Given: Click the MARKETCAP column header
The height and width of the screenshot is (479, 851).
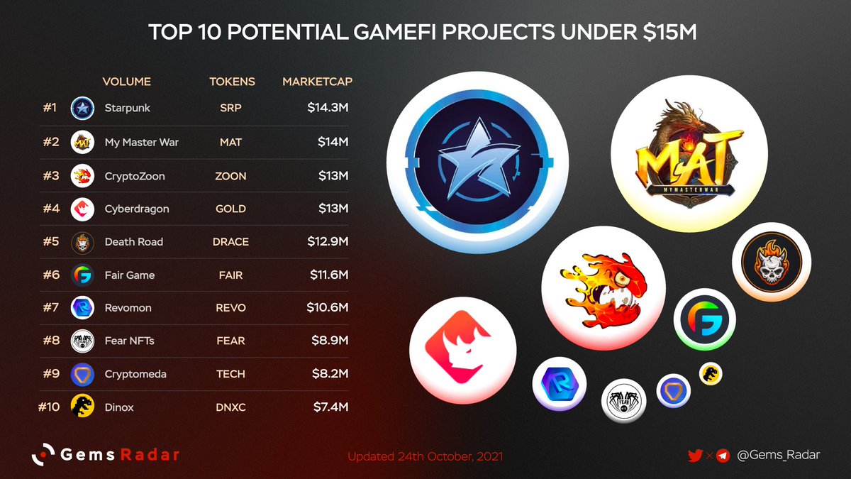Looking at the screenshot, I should pos(317,82).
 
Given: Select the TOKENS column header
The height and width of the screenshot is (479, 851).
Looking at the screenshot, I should pos(232,82).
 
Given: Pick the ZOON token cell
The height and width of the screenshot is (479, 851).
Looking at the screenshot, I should pos(230,175).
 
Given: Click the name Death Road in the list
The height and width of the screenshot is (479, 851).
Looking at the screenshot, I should pos(133,241).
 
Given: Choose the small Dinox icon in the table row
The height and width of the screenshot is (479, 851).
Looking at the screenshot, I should pos(82,407).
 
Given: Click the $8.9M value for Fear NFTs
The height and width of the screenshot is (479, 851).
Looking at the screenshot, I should pos(330,341).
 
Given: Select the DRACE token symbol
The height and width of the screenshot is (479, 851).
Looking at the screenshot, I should pos(230,241).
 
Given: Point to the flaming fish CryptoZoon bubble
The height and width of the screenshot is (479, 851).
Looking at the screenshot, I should pos(603,287).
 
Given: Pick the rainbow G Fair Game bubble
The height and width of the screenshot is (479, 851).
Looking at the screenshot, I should pos(704,319).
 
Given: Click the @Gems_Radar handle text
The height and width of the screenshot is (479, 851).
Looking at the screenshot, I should pos(778,455).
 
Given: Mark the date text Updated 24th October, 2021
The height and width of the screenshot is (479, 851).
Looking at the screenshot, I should pos(425,456).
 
